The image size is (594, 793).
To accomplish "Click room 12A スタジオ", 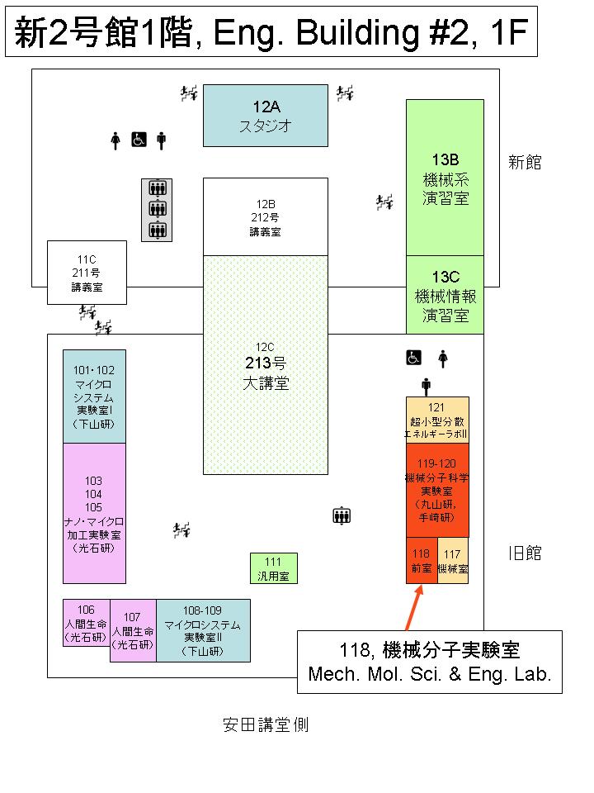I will point(266,116).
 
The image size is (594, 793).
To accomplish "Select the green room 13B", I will point(445,178).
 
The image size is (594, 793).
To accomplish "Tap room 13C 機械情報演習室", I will point(445,295).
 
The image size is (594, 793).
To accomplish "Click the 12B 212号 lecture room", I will point(266,217).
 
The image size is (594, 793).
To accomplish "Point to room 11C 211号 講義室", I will point(87,273).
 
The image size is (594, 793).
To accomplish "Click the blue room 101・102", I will point(95,396).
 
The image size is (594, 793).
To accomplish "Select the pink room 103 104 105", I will point(95,513).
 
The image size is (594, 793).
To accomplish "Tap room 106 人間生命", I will point(87,622).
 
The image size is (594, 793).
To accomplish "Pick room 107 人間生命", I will point(133,630).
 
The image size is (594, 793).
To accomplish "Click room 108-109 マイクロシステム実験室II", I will point(203,630).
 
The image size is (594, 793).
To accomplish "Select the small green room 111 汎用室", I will point(273,568).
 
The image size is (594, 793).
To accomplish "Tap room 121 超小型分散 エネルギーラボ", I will point(437,420).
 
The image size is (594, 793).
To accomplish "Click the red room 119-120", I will point(437,490).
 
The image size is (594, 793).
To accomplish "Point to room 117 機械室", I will point(453,560).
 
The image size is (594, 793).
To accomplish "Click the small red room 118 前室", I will point(422,560).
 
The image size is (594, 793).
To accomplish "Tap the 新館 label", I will point(525,163).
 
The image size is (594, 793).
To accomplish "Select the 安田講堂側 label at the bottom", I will point(266,725).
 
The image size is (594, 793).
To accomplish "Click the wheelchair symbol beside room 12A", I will point(139,140).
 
